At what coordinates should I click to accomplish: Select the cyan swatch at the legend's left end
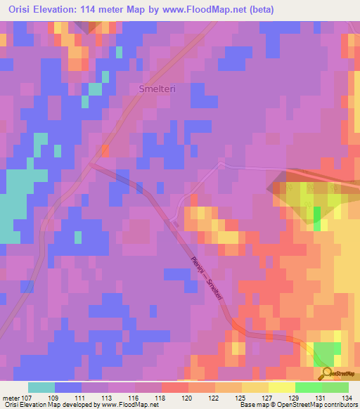click(41, 387)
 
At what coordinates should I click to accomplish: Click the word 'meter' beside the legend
click(11, 398)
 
